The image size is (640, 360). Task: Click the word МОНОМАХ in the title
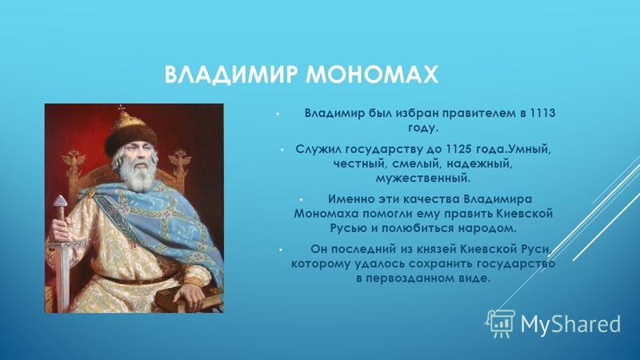[372, 74]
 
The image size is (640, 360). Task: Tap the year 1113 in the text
[542, 113]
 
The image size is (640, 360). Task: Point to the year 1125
[458, 150]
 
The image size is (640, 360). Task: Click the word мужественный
[423, 178]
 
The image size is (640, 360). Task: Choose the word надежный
[478, 164]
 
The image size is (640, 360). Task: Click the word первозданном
[416, 278]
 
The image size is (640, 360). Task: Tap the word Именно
[348, 199]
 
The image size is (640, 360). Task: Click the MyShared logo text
[570, 324]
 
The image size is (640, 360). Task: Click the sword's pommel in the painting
[61, 202]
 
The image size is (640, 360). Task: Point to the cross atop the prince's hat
[122, 109]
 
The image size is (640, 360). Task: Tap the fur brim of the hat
[131, 137]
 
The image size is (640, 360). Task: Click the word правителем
[480, 114]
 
